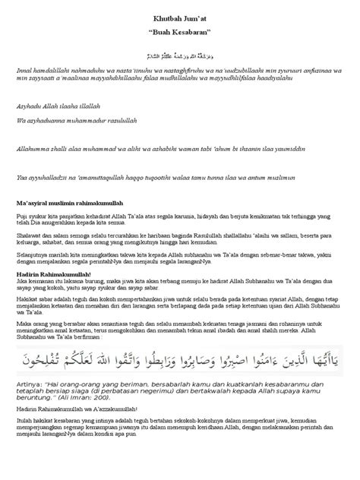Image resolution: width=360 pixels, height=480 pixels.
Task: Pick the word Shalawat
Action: click(30, 236)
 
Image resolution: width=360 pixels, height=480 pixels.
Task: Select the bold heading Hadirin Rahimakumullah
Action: click(55, 275)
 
